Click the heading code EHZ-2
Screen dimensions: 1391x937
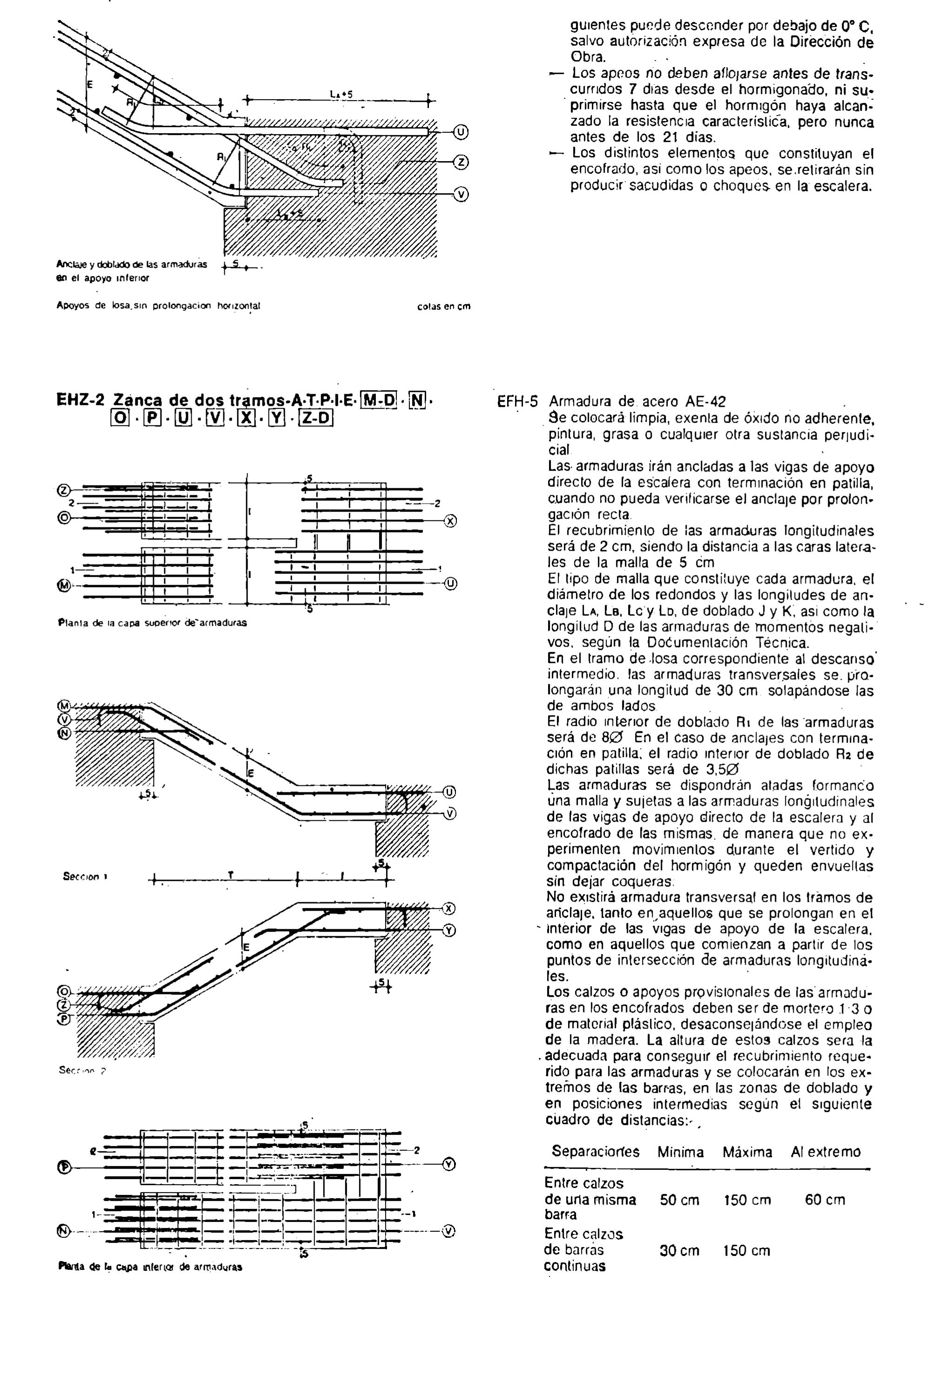click(80, 400)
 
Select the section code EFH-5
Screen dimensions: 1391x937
click(517, 402)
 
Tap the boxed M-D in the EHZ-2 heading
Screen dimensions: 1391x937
click(380, 399)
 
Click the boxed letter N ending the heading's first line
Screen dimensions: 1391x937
click(418, 399)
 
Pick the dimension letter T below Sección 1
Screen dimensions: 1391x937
click(230, 875)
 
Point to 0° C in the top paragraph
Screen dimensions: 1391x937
click(857, 26)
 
